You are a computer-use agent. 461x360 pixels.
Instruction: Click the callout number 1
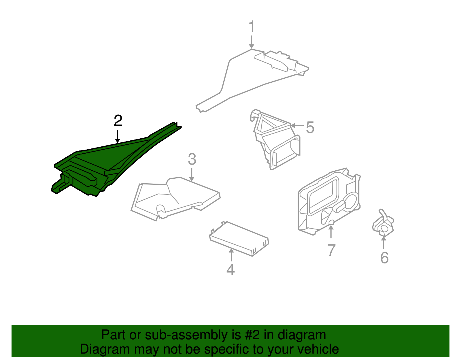tap(252, 26)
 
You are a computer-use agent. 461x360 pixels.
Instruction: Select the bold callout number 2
tap(118, 120)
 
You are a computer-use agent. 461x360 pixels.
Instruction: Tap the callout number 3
tap(192, 159)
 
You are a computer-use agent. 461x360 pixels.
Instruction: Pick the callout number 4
tap(231, 269)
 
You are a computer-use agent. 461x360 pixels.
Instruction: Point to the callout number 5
tap(310, 127)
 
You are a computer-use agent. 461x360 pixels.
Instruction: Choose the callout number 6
tap(384, 258)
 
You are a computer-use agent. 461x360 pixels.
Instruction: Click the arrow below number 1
tap(252, 42)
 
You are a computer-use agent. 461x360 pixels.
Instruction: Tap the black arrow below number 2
tap(118, 136)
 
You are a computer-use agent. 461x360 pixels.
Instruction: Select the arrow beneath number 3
tap(192, 175)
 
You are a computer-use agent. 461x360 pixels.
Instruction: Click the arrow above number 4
tap(231, 255)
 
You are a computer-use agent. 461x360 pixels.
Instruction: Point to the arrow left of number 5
tap(297, 126)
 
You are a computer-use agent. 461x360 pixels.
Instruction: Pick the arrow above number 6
tap(383, 242)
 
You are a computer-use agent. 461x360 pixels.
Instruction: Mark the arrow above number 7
tap(331, 232)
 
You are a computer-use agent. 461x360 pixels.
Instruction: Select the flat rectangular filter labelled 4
tap(239, 239)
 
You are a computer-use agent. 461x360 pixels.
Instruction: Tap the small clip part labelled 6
tap(383, 224)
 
